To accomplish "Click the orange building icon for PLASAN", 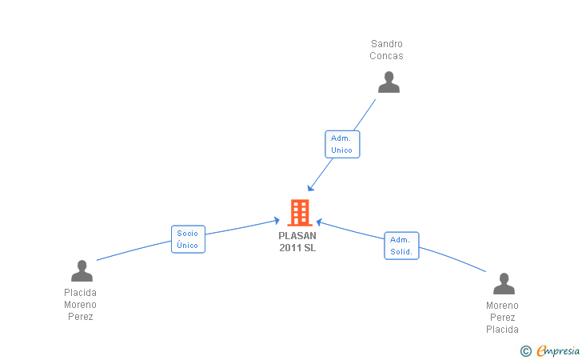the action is pyautogui.click(x=299, y=212).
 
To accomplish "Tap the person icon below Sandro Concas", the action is pyautogui.click(x=389, y=82).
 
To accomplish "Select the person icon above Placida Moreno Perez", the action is pyautogui.click(x=82, y=271).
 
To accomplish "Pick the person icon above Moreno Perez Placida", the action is pyautogui.click(x=503, y=284).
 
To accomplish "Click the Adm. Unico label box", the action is pyautogui.click(x=342, y=144).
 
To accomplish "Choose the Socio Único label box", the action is pyautogui.click(x=189, y=239).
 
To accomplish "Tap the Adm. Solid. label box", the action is pyautogui.click(x=401, y=246).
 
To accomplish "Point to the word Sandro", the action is pyautogui.click(x=387, y=44).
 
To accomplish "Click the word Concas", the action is pyautogui.click(x=387, y=56).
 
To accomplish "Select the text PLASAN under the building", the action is pyautogui.click(x=297, y=236).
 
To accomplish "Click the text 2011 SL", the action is pyautogui.click(x=297, y=248).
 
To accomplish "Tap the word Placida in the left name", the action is pyautogui.click(x=80, y=293).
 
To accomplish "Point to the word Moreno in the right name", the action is pyautogui.click(x=502, y=306).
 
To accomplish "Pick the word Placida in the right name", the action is pyautogui.click(x=502, y=330).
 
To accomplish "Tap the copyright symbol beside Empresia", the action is pyautogui.click(x=525, y=350).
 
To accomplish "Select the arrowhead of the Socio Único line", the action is pyautogui.click(x=276, y=220).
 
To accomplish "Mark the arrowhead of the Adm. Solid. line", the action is pyautogui.click(x=319, y=221).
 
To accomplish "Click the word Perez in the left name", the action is pyautogui.click(x=80, y=317).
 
